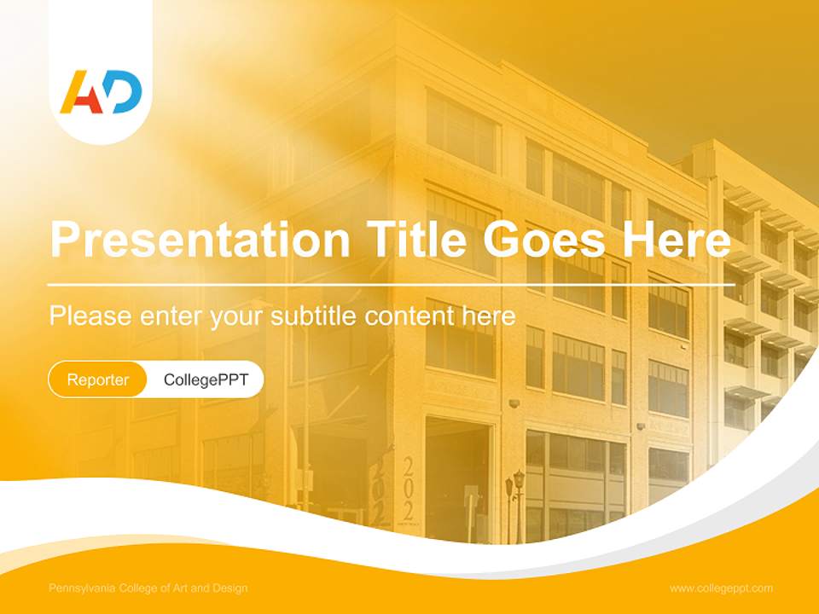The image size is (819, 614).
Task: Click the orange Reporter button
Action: (x=97, y=379)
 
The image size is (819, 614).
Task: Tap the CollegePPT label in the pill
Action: (x=206, y=379)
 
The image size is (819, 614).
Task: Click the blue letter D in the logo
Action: (x=125, y=92)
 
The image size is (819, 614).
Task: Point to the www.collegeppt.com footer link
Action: (x=721, y=588)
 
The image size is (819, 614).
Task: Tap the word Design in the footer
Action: (x=230, y=588)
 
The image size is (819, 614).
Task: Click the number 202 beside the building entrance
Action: (x=408, y=489)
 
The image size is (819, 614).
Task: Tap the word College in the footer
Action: (x=140, y=588)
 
